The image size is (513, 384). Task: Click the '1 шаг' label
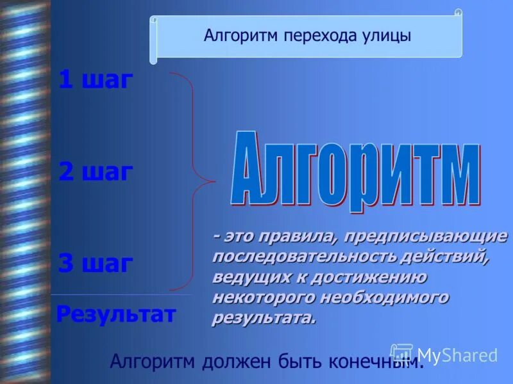[96, 80]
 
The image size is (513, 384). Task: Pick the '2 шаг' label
[96, 172]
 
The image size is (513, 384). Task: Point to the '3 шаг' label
[96, 263]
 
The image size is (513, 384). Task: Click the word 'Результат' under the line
[116, 314]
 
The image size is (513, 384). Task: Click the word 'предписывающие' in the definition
[425, 237]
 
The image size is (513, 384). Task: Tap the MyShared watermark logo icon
[402, 354]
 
